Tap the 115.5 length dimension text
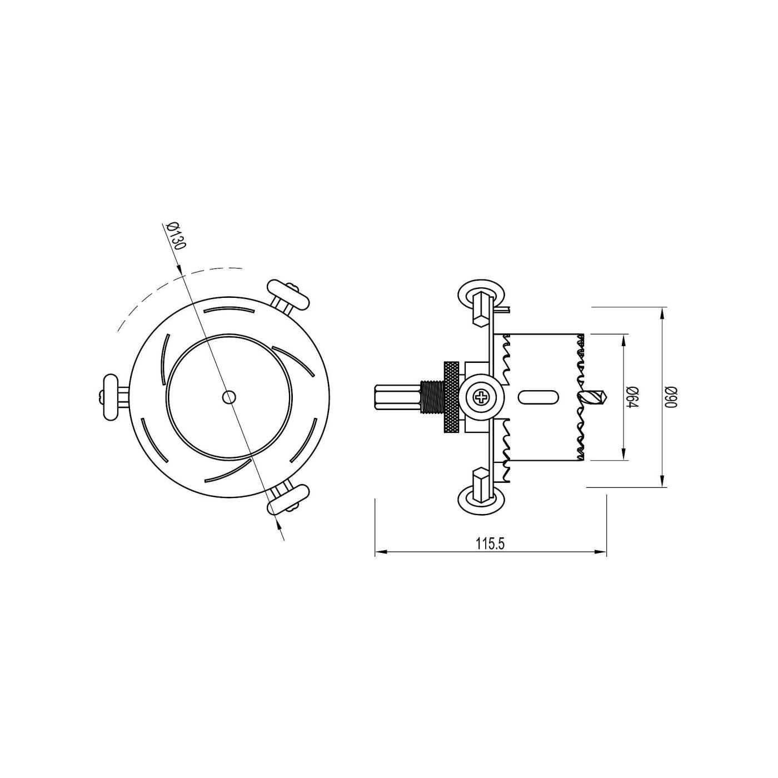pyautogui.click(x=490, y=544)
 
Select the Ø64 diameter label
pyautogui.click(x=631, y=397)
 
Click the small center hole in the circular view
pyautogui.click(x=228, y=397)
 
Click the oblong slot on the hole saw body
pyautogui.click(x=537, y=397)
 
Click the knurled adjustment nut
pyautogui.click(x=452, y=397)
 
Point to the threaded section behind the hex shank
pyautogui.click(x=431, y=397)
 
